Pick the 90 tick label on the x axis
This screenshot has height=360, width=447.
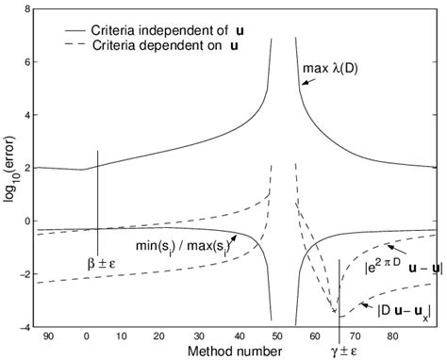pos(50,335)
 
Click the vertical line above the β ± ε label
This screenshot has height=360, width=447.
pos(98,188)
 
